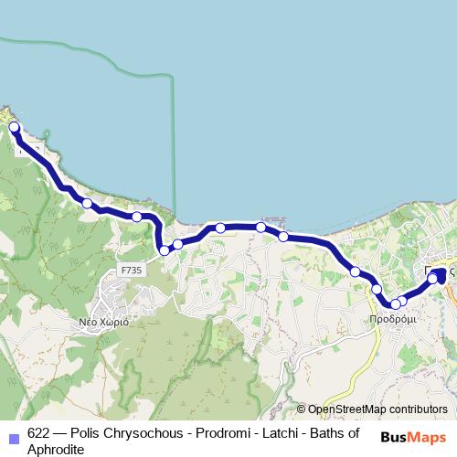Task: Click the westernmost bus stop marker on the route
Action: (x=15, y=128)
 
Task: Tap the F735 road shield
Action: (x=131, y=271)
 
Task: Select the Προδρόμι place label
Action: (x=393, y=320)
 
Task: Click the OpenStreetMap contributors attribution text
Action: (x=377, y=409)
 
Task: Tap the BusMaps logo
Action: (x=413, y=437)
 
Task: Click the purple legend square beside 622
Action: (x=13, y=438)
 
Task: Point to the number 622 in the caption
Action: (x=39, y=433)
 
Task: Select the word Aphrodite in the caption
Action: (x=56, y=449)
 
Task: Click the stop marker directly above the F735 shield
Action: (x=136, y=217)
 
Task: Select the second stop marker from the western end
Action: (x=87, y=203)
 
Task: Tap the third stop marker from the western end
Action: (x=136, y=217)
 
